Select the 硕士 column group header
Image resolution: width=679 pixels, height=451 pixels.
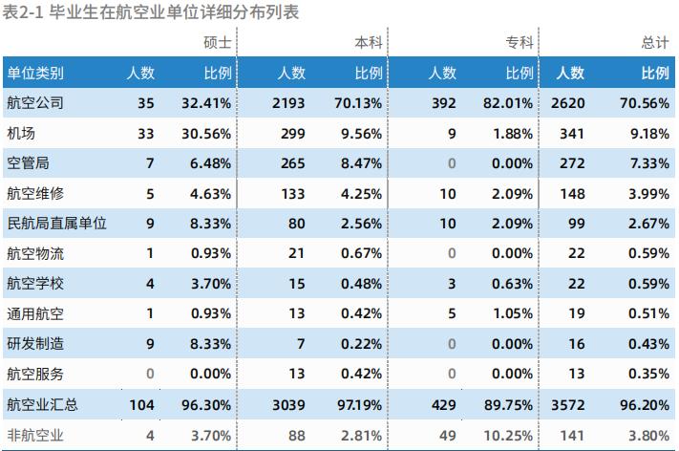217,43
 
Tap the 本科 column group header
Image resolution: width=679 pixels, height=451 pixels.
368,43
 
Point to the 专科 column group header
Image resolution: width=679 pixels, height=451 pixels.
519,43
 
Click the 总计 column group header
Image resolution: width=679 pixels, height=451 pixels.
655,43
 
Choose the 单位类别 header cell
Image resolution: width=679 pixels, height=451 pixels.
35,73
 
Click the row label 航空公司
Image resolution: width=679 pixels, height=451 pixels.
35,103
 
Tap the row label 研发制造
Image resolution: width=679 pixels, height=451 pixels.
35,344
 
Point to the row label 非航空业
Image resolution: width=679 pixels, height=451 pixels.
35,435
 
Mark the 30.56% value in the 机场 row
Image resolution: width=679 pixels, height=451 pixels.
206,134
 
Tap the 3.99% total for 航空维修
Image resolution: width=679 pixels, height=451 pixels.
649,194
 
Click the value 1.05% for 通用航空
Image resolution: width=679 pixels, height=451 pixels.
514,314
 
